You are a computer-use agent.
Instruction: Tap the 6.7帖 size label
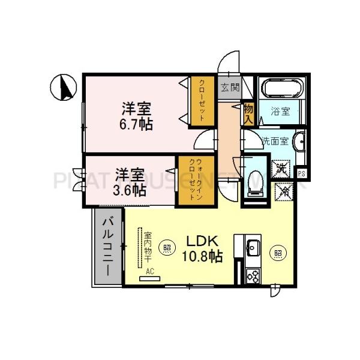(137, 124)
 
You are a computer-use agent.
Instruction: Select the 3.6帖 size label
(130, 190)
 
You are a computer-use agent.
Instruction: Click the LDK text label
(201, 241)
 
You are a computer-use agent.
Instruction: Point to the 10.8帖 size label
(202, 256)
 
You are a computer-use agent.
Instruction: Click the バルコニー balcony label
(108, 247)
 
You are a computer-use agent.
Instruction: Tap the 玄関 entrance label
(229, 88)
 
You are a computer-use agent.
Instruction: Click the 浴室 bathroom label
(280, 112)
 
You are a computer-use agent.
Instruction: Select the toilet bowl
(254, 179)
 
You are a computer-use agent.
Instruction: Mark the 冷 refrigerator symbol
(283, 191)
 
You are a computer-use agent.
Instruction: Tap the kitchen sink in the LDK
(253, 247)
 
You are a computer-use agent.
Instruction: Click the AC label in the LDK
(150, 271)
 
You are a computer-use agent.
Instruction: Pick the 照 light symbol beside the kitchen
(278, 253)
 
